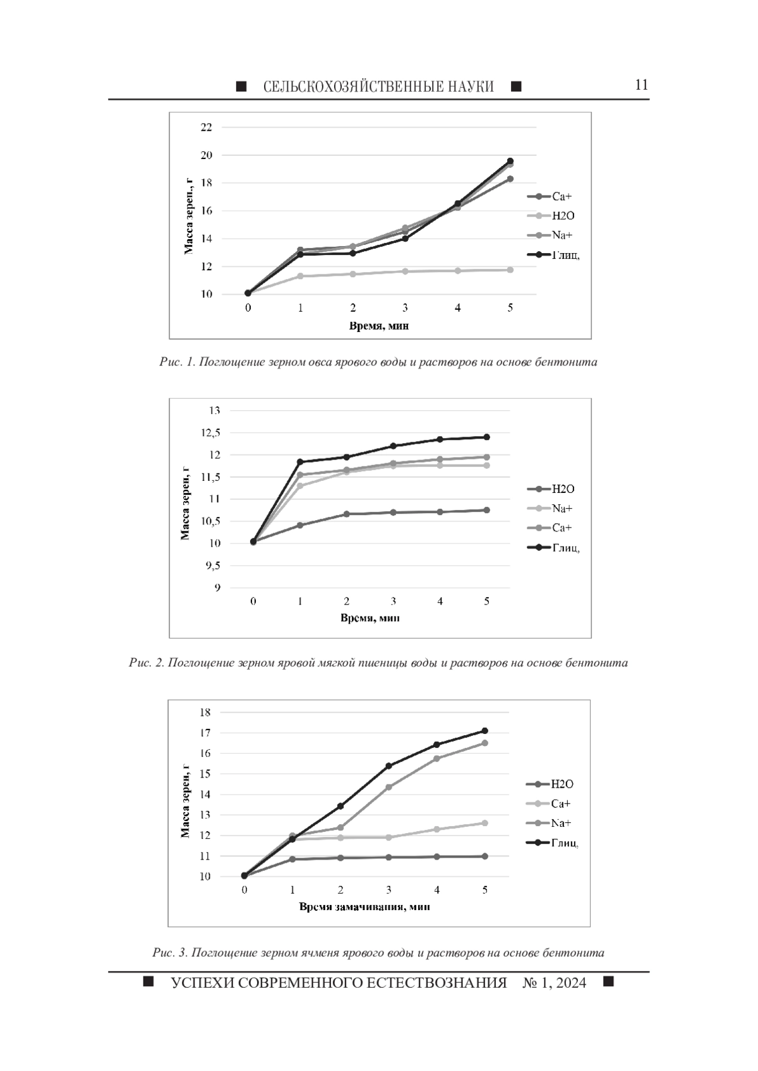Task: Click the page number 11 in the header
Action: [641, 85]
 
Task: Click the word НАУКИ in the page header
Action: [471, 86]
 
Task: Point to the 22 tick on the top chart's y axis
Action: [207, 127]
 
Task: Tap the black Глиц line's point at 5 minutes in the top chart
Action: [510, 161]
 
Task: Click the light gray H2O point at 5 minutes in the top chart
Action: [510, 270]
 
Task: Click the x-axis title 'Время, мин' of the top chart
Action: [379, 326]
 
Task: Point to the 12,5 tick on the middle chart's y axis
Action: [210, 433]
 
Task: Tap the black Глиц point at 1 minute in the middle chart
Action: [300, 462]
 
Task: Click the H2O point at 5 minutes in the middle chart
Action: [486, 510]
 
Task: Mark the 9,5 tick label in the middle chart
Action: [213, 565]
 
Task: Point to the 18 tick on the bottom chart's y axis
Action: [205, 713]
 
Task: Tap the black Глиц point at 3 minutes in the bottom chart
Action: [388, 766]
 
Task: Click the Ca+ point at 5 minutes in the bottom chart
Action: [484, 823]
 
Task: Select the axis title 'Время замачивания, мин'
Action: [364, 906]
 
